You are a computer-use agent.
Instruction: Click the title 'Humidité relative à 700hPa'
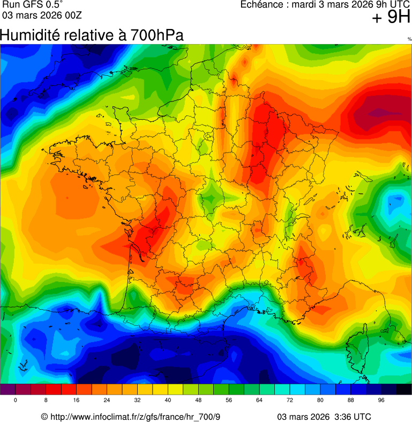tap(92, 35)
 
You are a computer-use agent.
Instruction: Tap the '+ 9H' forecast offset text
tap(391, 18)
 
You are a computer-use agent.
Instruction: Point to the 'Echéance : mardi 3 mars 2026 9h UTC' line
tap(325, 5)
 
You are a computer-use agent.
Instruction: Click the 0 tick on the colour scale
tap(15, 401)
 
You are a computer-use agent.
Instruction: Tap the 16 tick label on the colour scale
tap(76, 401)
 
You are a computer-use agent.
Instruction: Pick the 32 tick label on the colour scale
tap(137, 401)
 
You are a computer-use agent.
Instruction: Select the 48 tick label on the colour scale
tap(198, 401)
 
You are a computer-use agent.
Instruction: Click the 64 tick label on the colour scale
tap(259, 401)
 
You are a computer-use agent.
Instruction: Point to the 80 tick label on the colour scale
tap(320, 401)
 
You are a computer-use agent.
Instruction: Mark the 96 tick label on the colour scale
tap(381, 401)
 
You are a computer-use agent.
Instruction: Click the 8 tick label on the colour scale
tap(46, 401)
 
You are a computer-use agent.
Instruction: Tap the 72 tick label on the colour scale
tap(290, 401)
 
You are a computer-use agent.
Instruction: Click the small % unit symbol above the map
tap(409, 39)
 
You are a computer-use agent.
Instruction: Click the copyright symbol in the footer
tap(44, 417)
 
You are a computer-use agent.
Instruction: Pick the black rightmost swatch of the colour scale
tap(404, 389)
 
